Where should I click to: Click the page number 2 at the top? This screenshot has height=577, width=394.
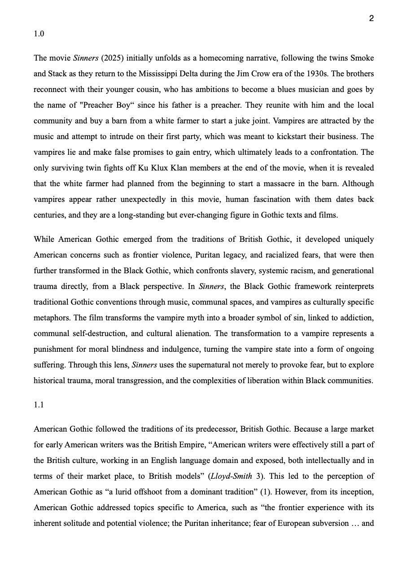coord(371,18)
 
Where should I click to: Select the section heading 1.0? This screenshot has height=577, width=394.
coord(39,34)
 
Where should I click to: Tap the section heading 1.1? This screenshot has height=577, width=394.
coord(39,405)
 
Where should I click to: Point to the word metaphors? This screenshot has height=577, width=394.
coord(52,318)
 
